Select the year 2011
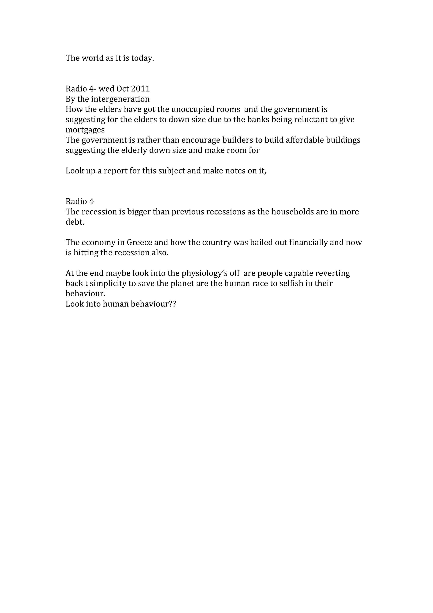(140, 89)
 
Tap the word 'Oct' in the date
(122, 89)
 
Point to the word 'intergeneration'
(120, 99)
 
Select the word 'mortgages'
(85, 130)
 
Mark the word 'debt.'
(75, 222)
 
